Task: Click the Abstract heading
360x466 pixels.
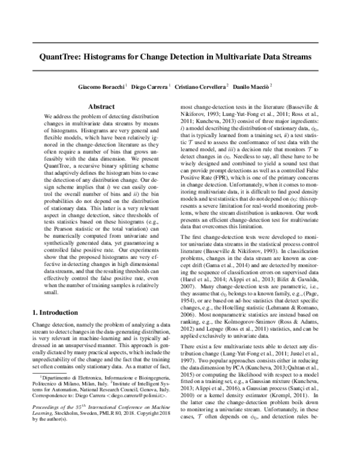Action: (x=101, y=106)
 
